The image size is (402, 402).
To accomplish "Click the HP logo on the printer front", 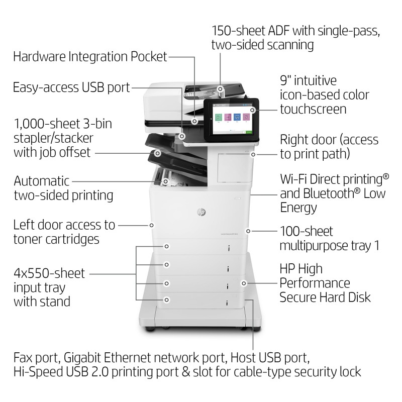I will pos(201,213).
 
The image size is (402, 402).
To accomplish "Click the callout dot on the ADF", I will pos(220,88).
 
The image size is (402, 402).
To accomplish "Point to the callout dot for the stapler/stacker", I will pos(158,152).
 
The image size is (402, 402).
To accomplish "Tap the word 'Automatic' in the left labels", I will pos(42,181).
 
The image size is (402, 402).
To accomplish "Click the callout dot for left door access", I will pos(151,225).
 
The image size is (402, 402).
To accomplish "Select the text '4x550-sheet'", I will pos(49,274).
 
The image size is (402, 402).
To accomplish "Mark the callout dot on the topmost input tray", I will pos(166,246).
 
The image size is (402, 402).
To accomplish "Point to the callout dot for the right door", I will pos(253,154).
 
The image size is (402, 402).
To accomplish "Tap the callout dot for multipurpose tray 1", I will pos(248,231).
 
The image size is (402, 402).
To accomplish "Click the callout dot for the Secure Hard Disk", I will pos(244,283).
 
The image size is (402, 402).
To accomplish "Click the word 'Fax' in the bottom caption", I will pos(24,358).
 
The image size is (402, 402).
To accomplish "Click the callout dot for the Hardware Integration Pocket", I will pos(194,121).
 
